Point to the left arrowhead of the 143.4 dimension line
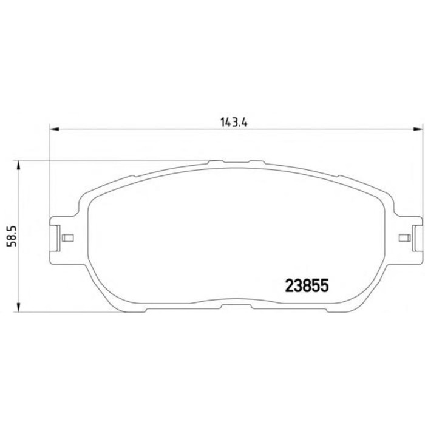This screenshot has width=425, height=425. tap(53, 129)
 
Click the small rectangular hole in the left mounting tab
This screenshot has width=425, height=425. tap(68, 237)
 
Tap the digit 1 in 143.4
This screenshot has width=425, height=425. tap(223, 121)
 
